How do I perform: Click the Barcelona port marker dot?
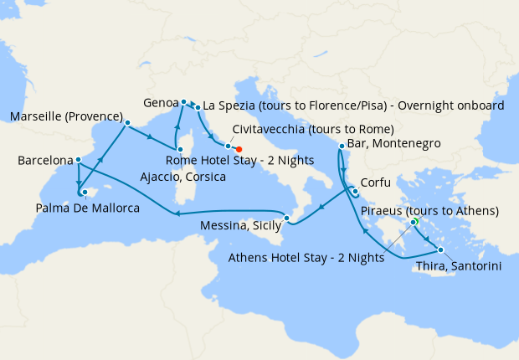click(x=78, y=160)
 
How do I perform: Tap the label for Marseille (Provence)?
click(x=66, y=116)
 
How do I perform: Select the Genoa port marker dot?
click(x=183, y=102)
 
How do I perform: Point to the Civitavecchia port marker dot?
click(x=228, y=146)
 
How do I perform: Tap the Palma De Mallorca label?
click(x=88, y=207)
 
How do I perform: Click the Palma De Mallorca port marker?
click(x=84, y=192)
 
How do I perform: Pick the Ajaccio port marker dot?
click(x=179, y=148)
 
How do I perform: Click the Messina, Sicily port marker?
click(x=286, y=219)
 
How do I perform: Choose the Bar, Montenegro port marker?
click(x=342, y=147)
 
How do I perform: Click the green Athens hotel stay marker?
click(x=414, y=222)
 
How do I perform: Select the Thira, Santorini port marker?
click(x=440, y=250)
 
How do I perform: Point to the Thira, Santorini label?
click(x=460, y=265)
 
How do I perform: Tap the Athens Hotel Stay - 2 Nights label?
click(x=306, y=258)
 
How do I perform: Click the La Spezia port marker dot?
click(x=198, y=107)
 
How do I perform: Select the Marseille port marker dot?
click(x=127, y=123)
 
